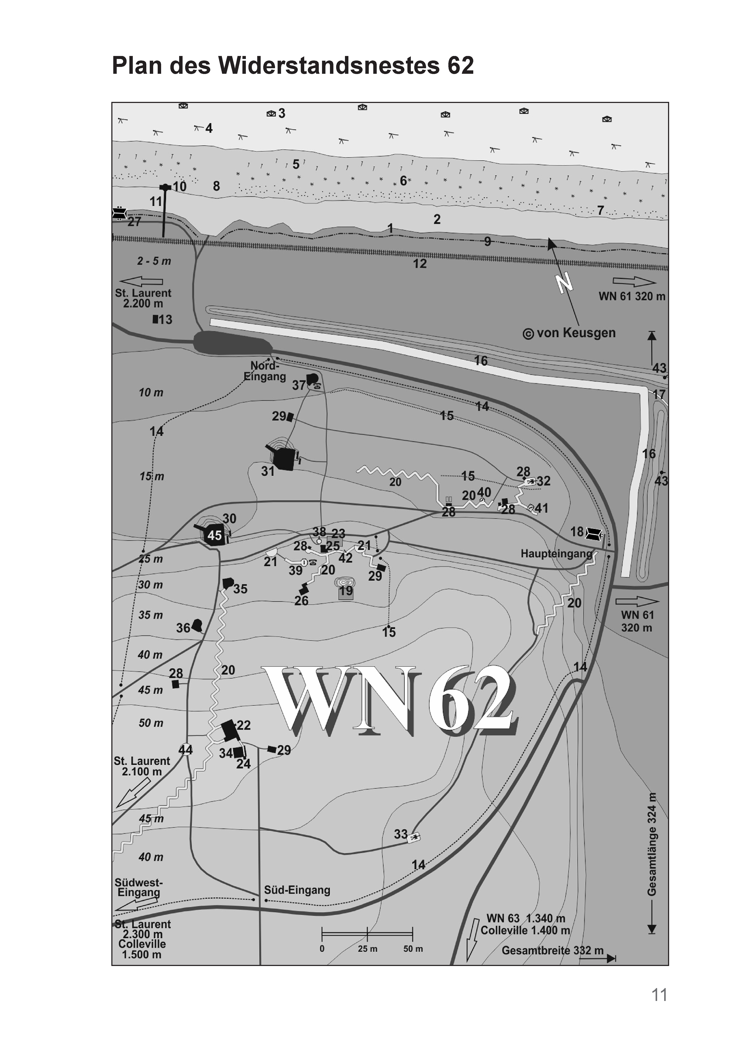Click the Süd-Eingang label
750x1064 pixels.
click(297, 890)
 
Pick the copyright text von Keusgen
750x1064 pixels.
click(569, 333)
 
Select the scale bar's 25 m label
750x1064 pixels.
click(367, 949)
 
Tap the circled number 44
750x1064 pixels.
click(185, 749)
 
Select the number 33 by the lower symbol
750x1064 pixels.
click(401, 834)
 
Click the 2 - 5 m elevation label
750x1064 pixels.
click(154, 261)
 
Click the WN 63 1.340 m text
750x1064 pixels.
click(526, 918)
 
